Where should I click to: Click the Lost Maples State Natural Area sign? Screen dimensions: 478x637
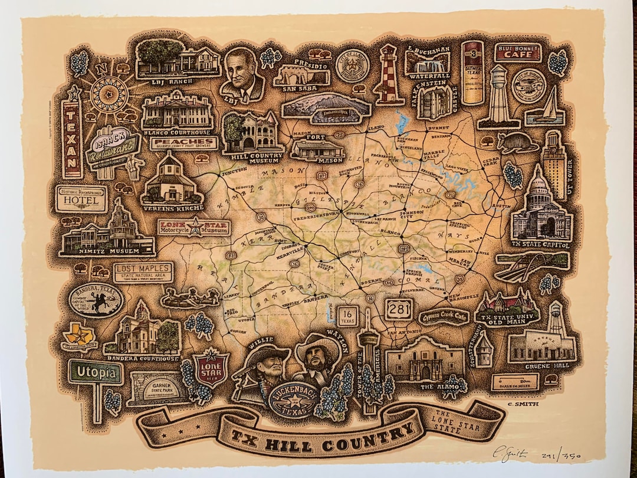(x=143, y=272)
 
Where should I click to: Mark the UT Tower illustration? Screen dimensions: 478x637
(x=554, y=156)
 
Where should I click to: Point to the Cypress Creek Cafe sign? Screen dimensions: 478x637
(x=444, y=317)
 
